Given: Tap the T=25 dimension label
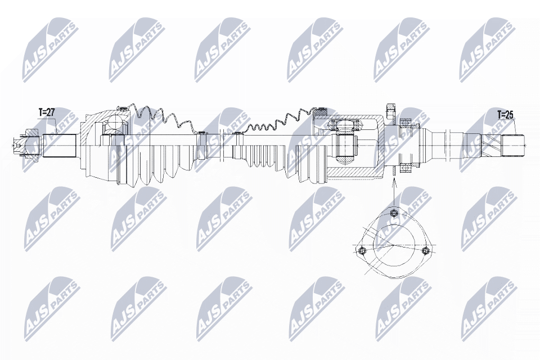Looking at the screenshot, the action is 505,114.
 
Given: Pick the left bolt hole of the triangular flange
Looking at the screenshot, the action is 362,250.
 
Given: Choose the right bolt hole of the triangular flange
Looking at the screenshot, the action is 426,250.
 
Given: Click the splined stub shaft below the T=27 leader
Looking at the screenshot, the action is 59,146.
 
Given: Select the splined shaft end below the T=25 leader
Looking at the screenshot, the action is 512,145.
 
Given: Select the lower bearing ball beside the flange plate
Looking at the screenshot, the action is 406,169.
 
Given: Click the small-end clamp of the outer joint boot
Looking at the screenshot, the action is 201,146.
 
